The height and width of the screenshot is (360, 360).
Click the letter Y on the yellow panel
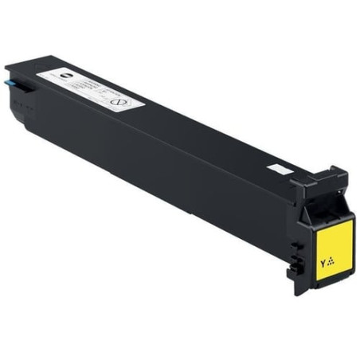(323, 261)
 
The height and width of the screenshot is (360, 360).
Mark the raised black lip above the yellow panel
(319, 180)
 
